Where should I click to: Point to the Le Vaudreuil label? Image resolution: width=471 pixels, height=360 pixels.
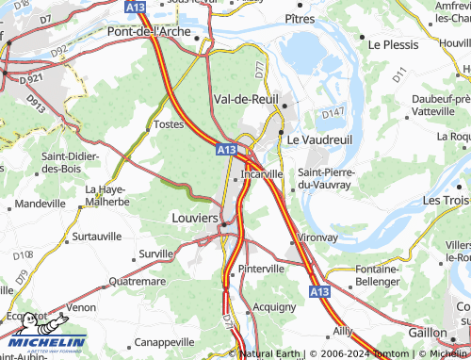[318, 139]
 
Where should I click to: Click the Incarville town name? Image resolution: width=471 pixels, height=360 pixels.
[262, 174]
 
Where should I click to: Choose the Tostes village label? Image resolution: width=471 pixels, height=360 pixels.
[168, 124]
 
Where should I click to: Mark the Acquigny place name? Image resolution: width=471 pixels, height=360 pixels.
[275, 307]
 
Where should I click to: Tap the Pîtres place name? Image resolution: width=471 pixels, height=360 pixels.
[300, 18]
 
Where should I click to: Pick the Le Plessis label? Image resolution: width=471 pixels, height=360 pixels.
[392, 44]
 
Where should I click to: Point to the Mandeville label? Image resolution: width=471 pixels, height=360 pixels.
[41, 204]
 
